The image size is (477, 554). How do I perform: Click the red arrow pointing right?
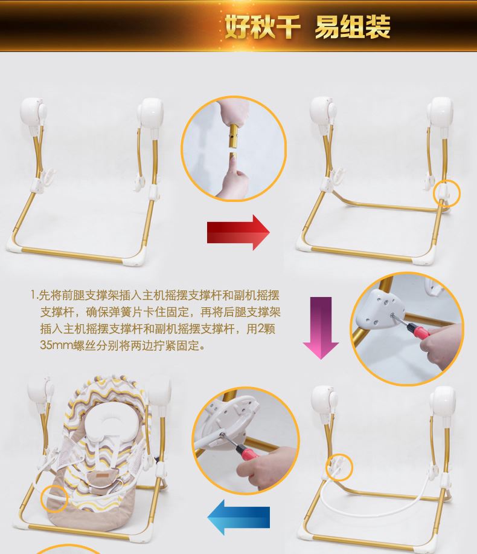click(x=238, y=232)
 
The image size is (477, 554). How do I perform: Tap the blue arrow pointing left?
click(x=238, y=517)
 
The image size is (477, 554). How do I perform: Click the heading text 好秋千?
click(x=263, y=27)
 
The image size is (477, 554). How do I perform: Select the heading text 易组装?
click(x=353, y=27)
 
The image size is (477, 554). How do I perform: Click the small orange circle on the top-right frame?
click(x=447, y=193)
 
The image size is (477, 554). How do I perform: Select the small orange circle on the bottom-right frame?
click(x=339, y=468)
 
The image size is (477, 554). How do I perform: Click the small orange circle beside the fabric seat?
click(x=54, y=498)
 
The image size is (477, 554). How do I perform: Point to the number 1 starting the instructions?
click(x=33, y=295)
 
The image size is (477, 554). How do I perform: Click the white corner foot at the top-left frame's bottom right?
click(x=136, y=259)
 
